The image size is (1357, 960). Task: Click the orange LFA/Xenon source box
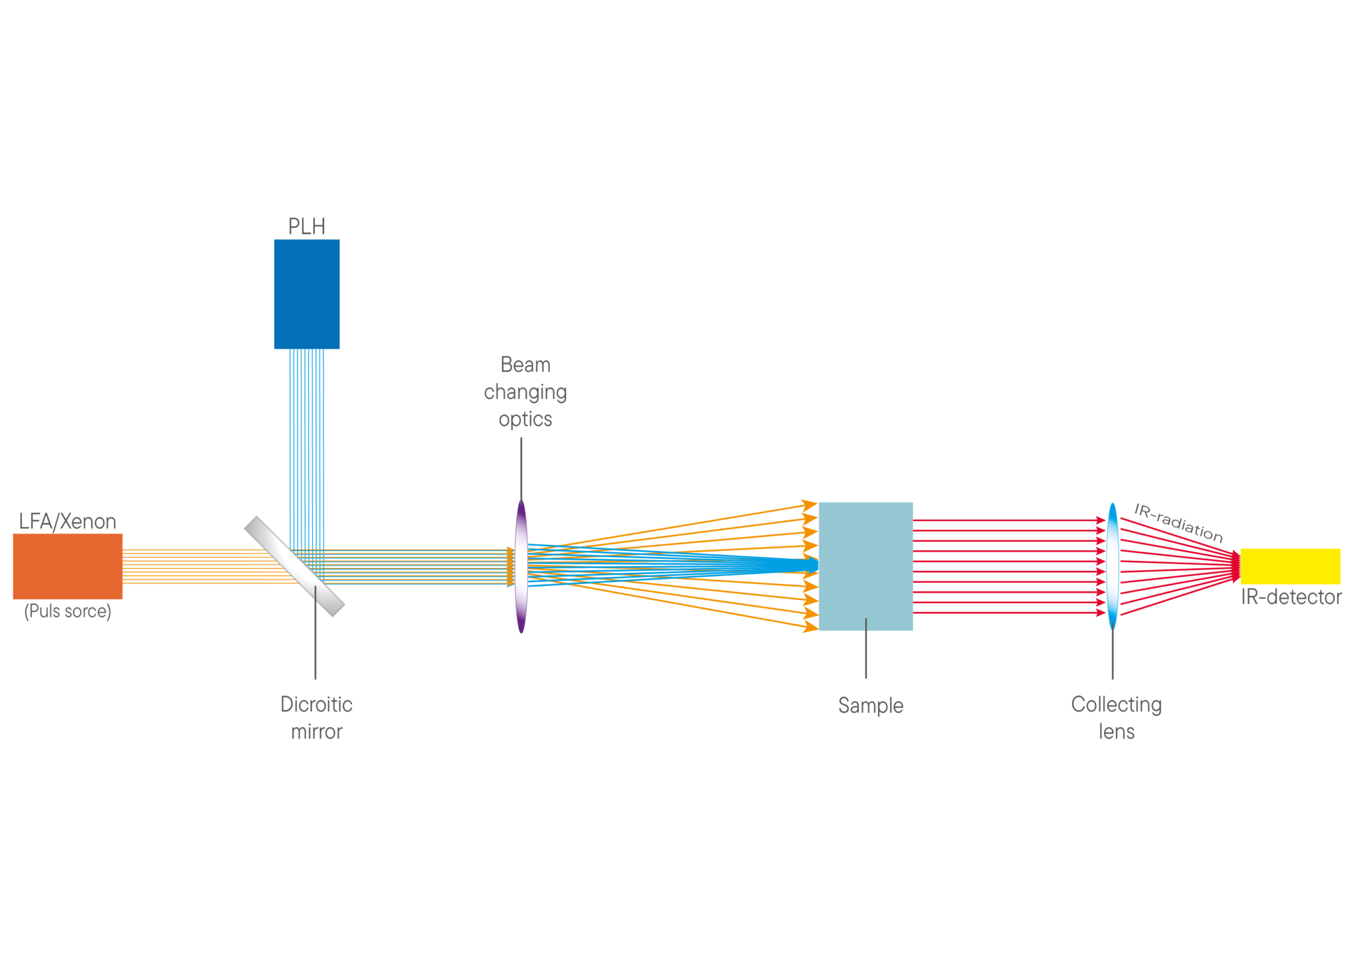tap(68, 566)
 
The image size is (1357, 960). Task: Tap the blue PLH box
tap(307, 294)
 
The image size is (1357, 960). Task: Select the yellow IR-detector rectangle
tap(1290, 567)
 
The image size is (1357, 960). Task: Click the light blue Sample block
tap(866, 566)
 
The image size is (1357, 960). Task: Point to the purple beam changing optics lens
tap(521, 567)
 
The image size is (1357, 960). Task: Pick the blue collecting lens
tap(1113, 566)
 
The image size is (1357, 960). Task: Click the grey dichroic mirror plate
tap(295, 567)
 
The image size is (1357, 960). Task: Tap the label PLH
tap(307, 227)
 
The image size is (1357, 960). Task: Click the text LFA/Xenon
tap(68, 522)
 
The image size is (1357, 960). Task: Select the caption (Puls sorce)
tap(68, 611)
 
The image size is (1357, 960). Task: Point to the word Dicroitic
tap(316, 704)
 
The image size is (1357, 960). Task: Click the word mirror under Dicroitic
tap(317, 732)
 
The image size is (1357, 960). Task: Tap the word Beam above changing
tap(525, 365)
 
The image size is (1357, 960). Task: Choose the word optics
tap(525, 420)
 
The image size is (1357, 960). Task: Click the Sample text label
tap(871, 705)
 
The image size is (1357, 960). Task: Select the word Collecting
tap(1116, 705)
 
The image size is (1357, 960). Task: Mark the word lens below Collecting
tap(1117, 732)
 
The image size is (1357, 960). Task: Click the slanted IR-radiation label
tap(1179, 523)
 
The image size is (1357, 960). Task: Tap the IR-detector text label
tap(1291, 597)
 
